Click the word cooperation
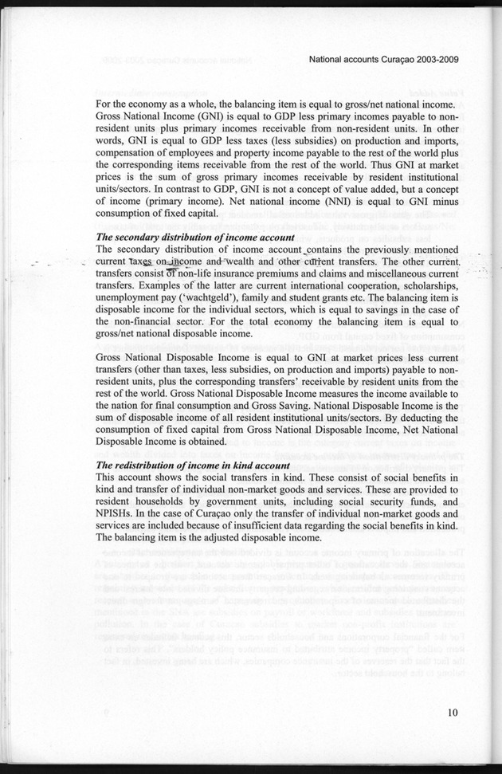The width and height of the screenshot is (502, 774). pos(359,285)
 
